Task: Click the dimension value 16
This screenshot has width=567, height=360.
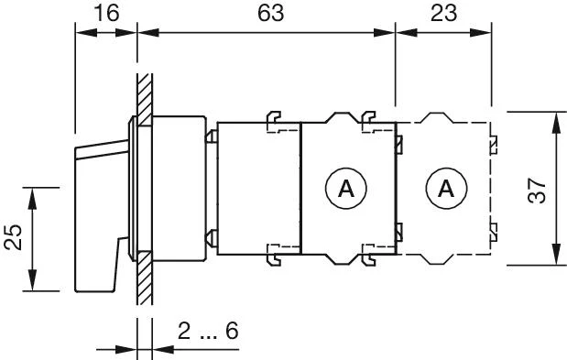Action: (x=106, y=13)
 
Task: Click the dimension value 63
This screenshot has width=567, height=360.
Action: (x=271, y=13)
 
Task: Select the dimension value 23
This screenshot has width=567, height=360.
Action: (x=443, y=13)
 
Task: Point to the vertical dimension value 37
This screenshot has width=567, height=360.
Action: (x=537, y=190)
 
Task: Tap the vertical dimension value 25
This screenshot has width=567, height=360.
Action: (x=13, y=237)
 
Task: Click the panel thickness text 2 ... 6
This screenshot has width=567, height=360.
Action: (x=208, y=331)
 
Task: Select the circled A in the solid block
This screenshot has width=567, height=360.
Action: (x=346, y=189)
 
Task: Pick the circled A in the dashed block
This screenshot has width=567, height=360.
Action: (x=446, y=189)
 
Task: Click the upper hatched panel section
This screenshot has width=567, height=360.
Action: (x=145, y=100)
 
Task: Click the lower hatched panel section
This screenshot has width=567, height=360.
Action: (x=145, y=278)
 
